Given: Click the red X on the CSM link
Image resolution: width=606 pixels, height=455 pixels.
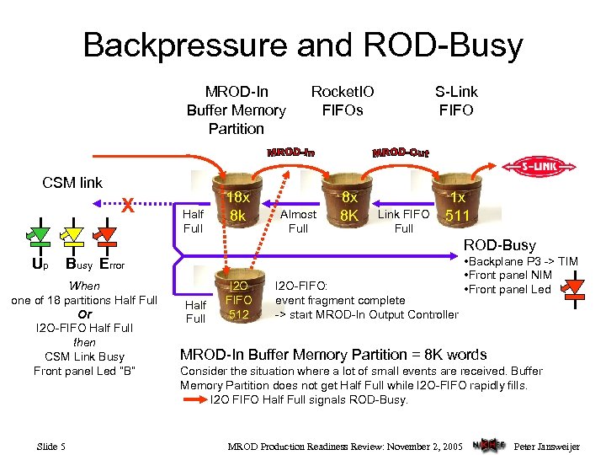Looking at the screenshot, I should click(126, 202).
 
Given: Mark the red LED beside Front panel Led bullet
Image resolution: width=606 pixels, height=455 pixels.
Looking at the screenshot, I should click(574, 289).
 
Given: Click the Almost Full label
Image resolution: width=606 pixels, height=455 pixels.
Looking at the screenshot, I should click(298, 221).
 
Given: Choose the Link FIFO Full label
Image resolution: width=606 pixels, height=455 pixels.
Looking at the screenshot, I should click(403, 221).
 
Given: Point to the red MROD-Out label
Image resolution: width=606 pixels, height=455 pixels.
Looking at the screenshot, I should click(401, 153).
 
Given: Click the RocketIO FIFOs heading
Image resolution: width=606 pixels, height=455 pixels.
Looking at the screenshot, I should click(343, 100).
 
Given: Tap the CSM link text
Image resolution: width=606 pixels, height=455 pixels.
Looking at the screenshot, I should click(72, 182).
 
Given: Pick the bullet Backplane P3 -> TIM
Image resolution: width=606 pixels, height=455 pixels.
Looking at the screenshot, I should click(521, 260).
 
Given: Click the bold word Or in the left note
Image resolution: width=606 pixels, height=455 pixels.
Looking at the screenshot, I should click(84, 314).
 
